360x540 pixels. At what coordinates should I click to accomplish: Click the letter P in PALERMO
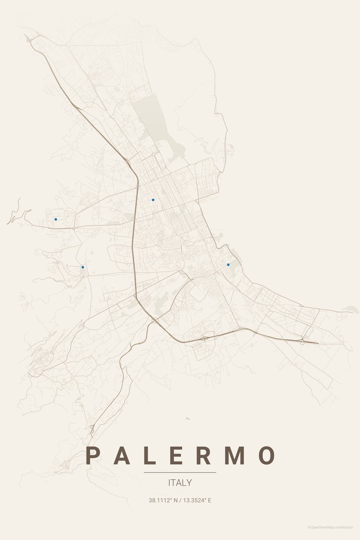93,456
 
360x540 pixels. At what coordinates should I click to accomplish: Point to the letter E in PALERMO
176,456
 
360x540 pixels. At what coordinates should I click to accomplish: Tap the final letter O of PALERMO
266,456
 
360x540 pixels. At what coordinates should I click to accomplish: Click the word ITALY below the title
180,483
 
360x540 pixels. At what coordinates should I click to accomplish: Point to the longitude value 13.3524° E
197,500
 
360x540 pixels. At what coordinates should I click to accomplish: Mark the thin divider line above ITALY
180,472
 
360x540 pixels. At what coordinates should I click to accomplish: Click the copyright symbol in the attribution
309,527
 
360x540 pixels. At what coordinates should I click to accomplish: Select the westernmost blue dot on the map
56,219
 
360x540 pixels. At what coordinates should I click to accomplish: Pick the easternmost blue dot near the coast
228,265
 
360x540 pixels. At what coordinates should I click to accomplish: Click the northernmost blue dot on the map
153,200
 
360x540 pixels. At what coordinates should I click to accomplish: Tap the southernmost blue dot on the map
83,267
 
